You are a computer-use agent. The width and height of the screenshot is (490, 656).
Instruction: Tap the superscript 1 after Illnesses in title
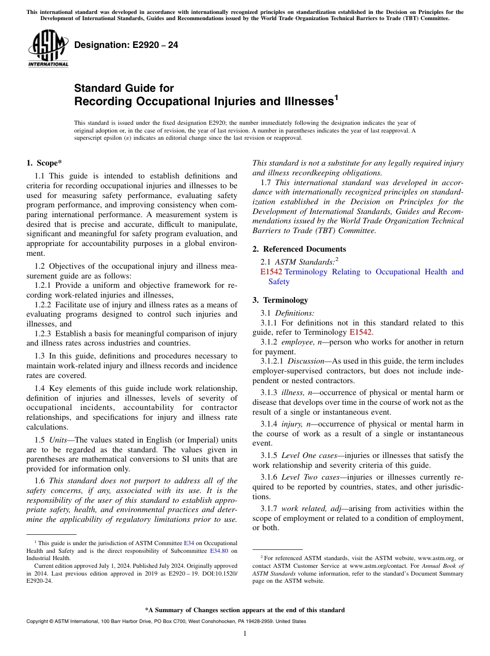336,97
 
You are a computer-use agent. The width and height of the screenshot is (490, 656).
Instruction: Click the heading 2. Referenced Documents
299,249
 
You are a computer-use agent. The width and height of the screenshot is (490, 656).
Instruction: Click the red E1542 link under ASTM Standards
271,272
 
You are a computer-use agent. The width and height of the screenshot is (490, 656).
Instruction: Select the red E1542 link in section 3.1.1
361,333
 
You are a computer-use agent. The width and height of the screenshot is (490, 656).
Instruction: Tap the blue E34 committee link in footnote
189,543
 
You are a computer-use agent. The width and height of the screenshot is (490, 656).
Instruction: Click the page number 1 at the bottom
245,634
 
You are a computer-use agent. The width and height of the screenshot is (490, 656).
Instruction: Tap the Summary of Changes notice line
245,610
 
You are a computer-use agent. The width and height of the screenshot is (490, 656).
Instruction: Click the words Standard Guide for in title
124,88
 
